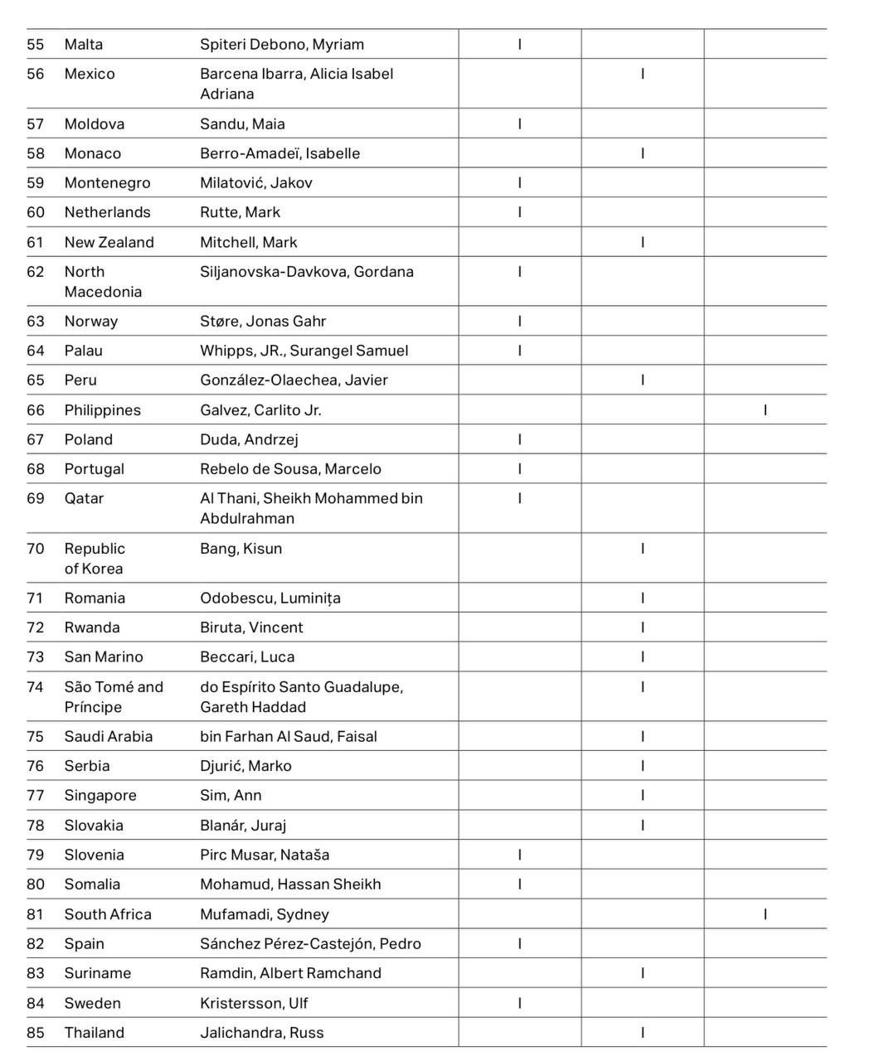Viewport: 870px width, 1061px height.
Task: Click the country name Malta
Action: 84,45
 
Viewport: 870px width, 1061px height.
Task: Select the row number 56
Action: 36,74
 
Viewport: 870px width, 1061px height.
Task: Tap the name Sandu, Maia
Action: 242,124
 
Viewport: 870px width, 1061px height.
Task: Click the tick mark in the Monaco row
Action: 643,153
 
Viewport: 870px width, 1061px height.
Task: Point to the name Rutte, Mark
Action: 240,212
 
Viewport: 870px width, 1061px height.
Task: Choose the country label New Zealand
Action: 109,242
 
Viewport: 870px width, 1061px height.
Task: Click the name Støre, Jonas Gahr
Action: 263,322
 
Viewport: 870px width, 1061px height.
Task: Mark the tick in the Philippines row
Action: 765,410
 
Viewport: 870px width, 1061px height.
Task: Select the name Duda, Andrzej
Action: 249,439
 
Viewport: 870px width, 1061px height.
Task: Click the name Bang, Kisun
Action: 241,549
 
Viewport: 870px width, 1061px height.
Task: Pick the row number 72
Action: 36,627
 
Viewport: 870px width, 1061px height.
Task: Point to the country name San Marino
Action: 104,657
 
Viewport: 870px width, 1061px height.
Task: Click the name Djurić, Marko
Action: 245,766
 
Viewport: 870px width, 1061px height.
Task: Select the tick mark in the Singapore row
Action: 643,796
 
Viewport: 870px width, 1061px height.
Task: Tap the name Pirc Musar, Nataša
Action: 265,855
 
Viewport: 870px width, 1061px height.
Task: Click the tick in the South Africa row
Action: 765,914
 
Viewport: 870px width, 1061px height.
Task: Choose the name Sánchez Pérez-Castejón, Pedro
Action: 310,944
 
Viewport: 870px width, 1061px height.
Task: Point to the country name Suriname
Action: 98,973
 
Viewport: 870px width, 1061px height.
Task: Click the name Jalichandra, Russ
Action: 261,1033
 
